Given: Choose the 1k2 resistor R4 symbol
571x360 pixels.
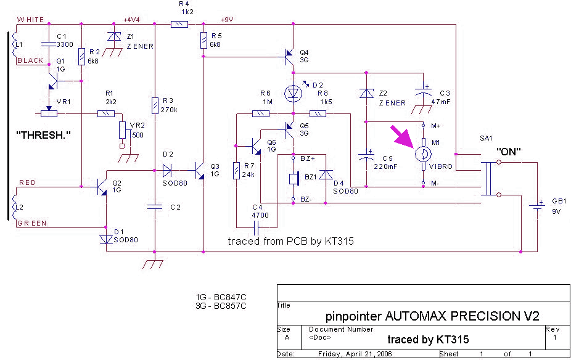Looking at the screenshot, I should [x=179, y=24].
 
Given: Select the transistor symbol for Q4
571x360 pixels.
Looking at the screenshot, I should [x=290, y=57].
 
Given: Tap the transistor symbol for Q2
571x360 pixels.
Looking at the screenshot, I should [x=102, y=186].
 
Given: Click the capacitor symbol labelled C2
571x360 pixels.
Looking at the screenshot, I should [x=155, y=207].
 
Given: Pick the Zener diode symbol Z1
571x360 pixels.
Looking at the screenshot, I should [x=112, y=37].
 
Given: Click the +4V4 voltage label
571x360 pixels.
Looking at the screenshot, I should [x=132, y=19].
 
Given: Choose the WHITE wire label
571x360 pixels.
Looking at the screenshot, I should [x=30, y=20].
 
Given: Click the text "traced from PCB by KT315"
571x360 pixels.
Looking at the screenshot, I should [x=290, y=241].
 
